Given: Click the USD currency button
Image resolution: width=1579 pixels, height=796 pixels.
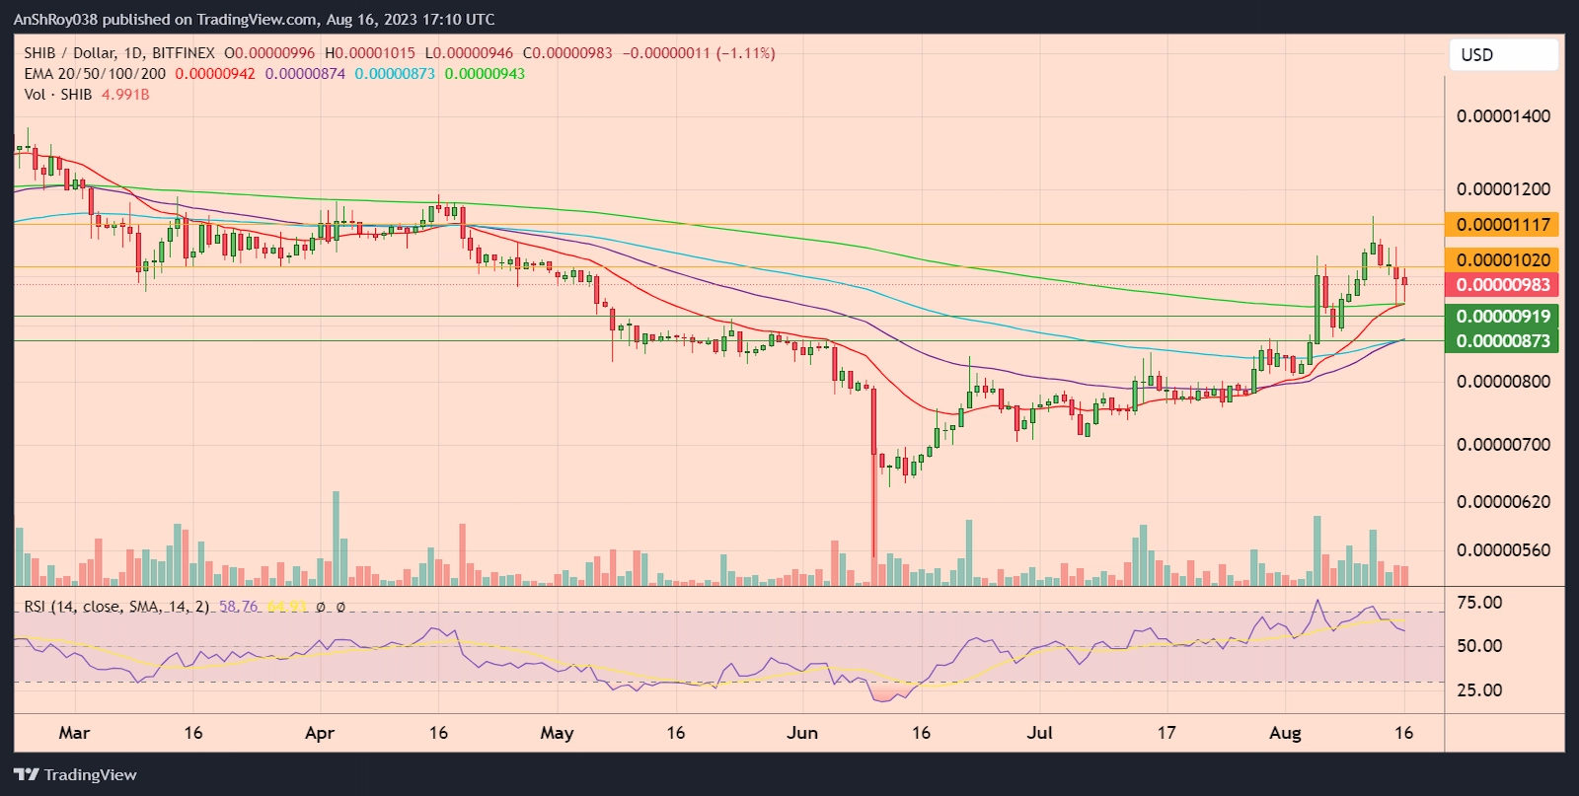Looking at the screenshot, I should coord(1503,55).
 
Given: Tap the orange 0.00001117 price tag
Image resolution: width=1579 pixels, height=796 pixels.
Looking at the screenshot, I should coord(1502,225).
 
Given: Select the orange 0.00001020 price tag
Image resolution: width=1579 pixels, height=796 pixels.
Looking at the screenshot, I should coord(1502,259).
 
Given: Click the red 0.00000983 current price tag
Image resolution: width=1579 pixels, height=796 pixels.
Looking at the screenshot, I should coord(1502,285).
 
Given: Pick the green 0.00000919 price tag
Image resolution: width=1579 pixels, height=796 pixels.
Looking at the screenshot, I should coord(1502,317).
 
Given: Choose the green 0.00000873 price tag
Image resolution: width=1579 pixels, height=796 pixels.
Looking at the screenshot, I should coord(1502,341).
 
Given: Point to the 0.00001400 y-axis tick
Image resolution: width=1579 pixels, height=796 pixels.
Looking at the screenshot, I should coord(1502,116).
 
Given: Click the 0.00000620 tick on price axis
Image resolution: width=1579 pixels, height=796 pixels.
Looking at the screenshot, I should coord(1502,502).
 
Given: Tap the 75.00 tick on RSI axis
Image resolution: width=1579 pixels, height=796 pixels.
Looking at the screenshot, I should coord(1479,603).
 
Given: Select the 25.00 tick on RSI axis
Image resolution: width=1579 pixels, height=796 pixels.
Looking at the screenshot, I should coord(1479,690).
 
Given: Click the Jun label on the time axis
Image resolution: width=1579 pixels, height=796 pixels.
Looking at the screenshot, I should coord(802,733).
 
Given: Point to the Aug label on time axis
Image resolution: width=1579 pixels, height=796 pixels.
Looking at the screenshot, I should coord(1285,733).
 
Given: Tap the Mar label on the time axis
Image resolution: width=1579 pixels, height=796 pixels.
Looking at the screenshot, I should coord(74,733).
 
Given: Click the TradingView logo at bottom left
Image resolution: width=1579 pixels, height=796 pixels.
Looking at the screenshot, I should coord(76,775).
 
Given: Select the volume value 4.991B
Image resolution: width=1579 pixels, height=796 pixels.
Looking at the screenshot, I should coord(125,95).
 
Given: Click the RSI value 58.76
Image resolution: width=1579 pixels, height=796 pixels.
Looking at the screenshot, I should coord(238,607).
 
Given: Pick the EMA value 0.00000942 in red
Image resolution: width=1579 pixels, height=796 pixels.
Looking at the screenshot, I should coord(215,74).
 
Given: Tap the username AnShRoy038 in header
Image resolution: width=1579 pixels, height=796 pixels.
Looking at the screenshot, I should coord(55,20).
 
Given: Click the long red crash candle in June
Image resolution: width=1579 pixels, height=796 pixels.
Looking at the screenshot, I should coord(873,473).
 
